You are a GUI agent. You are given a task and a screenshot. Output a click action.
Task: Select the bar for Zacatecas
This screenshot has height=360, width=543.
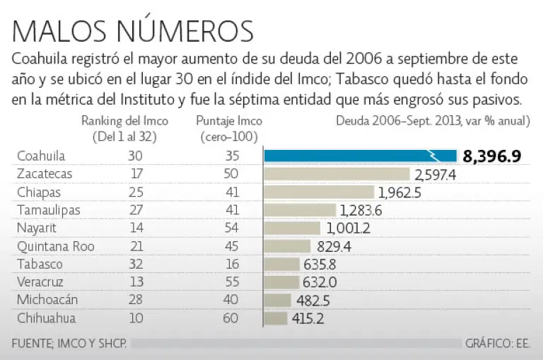(337, 174)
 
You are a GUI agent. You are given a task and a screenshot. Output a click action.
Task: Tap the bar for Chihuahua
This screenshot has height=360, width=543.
(276, 318)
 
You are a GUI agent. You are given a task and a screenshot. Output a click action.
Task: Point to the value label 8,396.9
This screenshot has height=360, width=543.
(492, 156)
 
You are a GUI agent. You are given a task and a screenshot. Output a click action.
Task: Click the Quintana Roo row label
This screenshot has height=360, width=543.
(55, 246)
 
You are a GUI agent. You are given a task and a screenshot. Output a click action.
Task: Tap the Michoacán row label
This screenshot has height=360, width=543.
(47, 300)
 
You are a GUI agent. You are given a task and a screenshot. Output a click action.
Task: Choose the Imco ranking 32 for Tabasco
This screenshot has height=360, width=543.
(136, 265)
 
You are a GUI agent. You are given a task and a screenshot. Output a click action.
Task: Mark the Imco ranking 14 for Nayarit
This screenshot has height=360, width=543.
(136, 228)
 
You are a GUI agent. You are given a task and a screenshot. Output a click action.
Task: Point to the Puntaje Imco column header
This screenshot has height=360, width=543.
(228, 127)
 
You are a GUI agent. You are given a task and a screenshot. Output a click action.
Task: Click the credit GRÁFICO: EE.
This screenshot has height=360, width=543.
(498, 344)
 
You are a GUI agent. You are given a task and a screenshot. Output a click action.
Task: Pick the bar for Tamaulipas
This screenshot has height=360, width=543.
(300, 210)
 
